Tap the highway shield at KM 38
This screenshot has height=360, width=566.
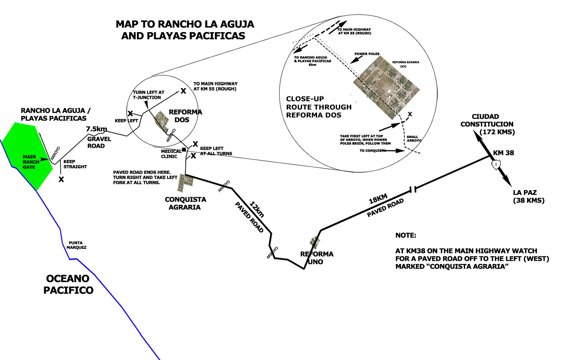pos(496,164)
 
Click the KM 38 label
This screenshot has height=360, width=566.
pos(503,153)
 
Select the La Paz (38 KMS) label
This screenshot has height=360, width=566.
pos(528,196)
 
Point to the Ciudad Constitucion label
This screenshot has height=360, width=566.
pos(487,124)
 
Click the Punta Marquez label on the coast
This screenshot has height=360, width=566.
pos(76,245)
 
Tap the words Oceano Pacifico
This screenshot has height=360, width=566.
pos(68,284)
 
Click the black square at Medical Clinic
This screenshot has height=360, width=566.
pos(184,149)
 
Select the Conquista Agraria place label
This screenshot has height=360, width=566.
pos(185,203)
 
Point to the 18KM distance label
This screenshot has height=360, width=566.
pos(378,199)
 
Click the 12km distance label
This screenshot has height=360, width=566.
pos(257,209)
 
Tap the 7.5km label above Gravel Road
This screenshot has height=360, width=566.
pos(97,129)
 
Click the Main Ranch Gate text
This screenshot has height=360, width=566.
pos(30,162)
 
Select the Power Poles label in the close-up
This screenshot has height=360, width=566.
pos(367,54)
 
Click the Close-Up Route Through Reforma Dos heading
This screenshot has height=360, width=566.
pos(319,107)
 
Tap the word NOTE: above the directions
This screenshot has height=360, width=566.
pos(406,235)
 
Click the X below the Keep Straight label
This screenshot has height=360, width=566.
pos(61,179)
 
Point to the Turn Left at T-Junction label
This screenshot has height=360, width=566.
pos(149,94)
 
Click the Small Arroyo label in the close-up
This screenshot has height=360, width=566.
pos(413,139)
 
